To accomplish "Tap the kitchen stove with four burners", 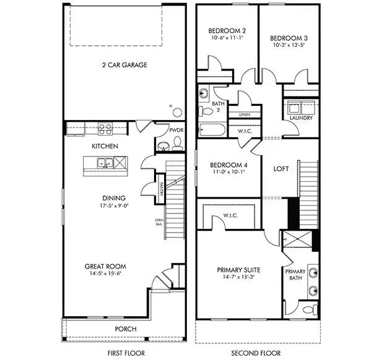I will (105, 130).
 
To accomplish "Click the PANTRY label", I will (160, 187).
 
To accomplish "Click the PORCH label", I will (126, 328).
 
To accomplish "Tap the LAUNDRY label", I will (300, 118).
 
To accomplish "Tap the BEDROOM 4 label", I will (228, 165).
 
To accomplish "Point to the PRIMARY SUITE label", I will (238, 270).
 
